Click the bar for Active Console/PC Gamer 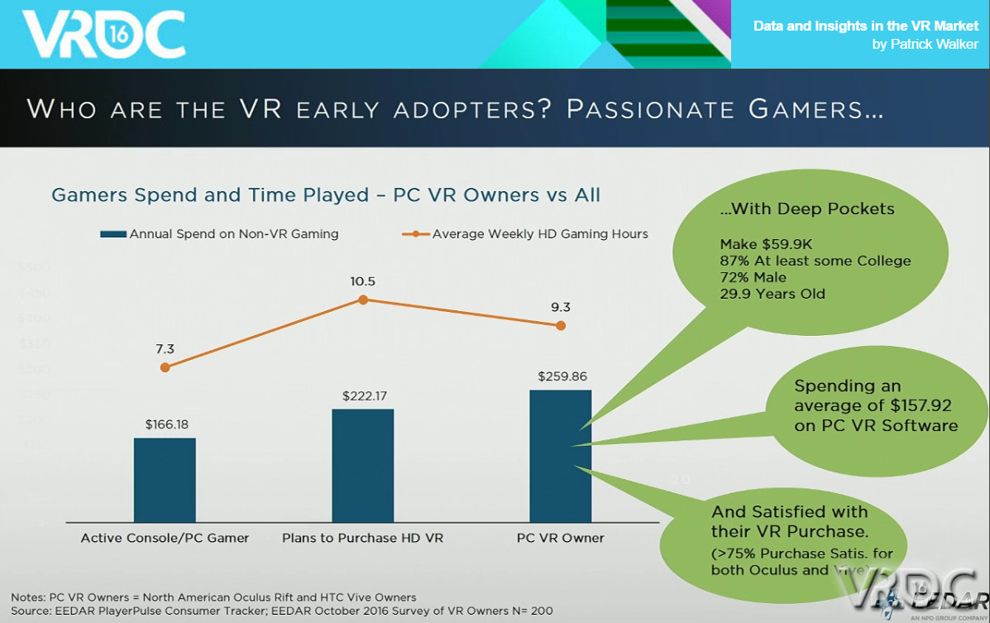(x=165, y=480)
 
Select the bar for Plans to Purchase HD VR (x=362, y=465)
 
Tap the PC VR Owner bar (x=560, y=456)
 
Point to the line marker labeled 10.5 (x=362, y=300)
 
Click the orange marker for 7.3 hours (x=165, y=367)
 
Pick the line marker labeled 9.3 (x=560, y=325)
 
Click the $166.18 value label (x=166, y=424)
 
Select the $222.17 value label (x=364, y=396)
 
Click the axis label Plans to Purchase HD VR (x=362, y=538)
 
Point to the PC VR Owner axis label (x=560, y=538)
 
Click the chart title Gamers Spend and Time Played (x=325, y=195)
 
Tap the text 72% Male (x=753, y=277)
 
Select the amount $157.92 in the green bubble (x=914, y=406)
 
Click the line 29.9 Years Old (x=772, y=294)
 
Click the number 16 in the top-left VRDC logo (x=116, y=33)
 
